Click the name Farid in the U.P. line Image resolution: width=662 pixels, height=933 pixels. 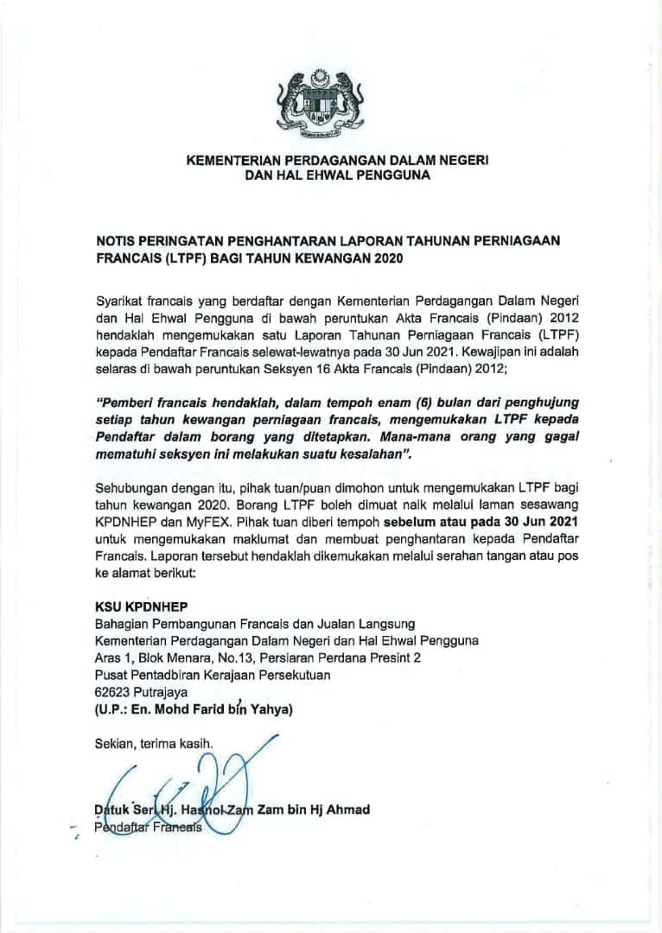point(207,710)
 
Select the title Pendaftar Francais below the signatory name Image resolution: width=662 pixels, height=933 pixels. point(147,827)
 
